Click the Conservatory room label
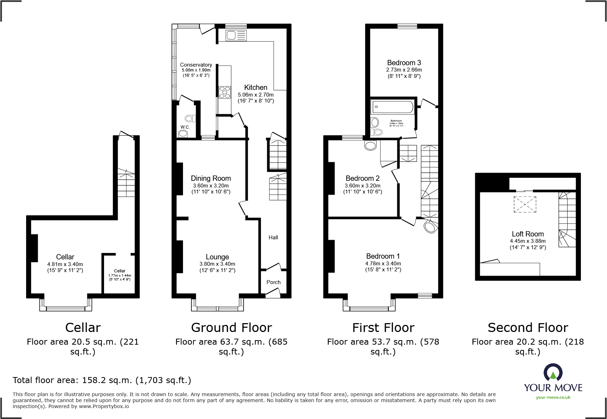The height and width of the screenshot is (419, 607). tap(196, 65)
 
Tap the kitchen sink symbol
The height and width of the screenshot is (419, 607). tap(236, 35)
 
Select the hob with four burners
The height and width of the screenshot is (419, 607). tap(225, 92)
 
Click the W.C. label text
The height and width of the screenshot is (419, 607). tap(185, 127)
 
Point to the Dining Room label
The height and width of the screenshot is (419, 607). tap(211, 178)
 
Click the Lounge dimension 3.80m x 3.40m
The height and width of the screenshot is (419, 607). tap(217, 264)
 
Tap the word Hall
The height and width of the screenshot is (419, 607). tap(273, 238)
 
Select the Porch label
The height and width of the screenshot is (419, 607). tap(274, 282)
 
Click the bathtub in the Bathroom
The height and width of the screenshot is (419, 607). tap(393, 107)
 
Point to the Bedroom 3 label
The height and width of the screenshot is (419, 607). tap(404, 63)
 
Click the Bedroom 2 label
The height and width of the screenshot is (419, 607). tap(362, 178)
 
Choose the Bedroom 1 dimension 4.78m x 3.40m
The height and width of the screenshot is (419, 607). tap(383, 264)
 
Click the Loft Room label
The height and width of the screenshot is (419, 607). tap(528, 234)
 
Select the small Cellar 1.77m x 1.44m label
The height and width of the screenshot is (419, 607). tap(119, 275)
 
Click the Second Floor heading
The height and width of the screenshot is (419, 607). tap(528, 328)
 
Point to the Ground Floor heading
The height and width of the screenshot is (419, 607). tap(231, 328)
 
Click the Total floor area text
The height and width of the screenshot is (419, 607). tap(102, 380)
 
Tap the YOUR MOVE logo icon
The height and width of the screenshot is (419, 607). tap(553, 372)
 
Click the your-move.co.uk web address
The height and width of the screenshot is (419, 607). tap(553, 398)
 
